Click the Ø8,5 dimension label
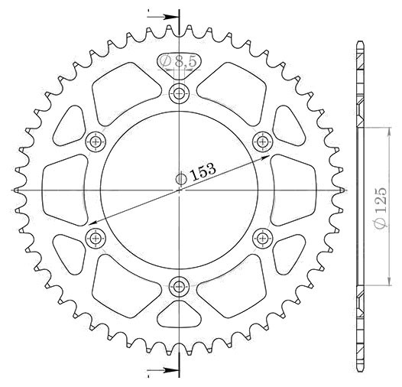pos(178,61)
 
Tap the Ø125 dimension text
pos(381,208)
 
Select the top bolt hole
pos(179,93)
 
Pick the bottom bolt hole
pos(179,287)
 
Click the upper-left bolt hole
pos(96,141)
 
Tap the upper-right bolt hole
pos(262,141)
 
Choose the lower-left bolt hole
pos(96,239)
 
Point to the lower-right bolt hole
pos(262,239)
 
